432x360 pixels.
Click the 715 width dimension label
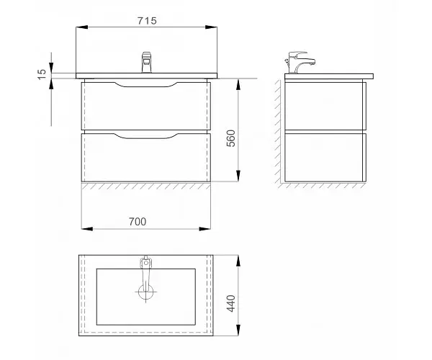pos(147,21)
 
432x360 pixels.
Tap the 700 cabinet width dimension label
pos(138,222)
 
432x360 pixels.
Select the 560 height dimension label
pos(231,138)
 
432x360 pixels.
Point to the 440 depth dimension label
pos(231,303)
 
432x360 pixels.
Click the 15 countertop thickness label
pos(41,74)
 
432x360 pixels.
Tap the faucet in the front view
pos(147,62)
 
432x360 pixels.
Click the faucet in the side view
pos(300,63)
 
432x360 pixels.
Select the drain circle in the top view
pos(145,292)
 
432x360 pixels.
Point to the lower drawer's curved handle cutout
pos(145,136)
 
